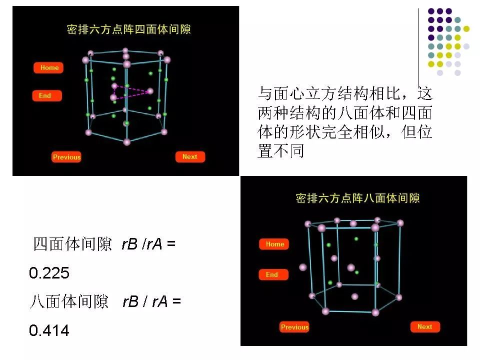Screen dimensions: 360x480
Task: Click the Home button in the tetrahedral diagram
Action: point(49,68)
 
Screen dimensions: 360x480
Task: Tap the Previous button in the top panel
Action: point(66,157)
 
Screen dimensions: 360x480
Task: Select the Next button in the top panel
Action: point(190,157)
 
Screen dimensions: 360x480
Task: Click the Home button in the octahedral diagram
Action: point(274,244)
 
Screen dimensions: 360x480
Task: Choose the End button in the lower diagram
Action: point(272,275)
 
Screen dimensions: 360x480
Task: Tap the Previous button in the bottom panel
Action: point(294,327)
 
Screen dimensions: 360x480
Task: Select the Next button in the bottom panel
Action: point(424,327)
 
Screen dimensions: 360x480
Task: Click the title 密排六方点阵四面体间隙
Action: point(129,29)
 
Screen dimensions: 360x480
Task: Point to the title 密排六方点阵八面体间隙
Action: point(357,198)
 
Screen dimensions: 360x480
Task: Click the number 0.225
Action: point(49,273)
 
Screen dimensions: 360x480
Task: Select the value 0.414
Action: point(49,330)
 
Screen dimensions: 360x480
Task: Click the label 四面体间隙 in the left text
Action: point(72,245)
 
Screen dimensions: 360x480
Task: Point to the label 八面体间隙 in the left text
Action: point(69,302)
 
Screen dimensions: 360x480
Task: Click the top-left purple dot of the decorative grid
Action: point(431,11)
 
